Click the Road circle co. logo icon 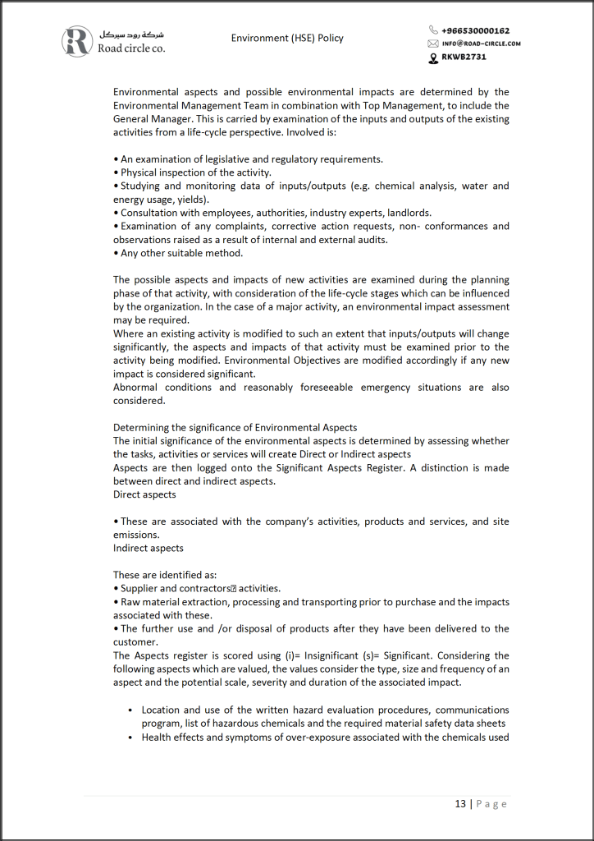click(79, 41)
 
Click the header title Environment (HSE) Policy click(287, 38)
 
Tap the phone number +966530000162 click(475, 30)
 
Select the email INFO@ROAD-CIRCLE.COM click(482, 44)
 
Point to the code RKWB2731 click(464, 57)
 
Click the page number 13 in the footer click(460, 803)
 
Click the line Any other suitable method click(181, 253)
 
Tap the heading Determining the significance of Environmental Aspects click(235, 428)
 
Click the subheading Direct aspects click(144, 494)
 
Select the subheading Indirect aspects click(148, 548)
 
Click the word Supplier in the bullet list click(140, 588)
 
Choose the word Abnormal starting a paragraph click(137, 388)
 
